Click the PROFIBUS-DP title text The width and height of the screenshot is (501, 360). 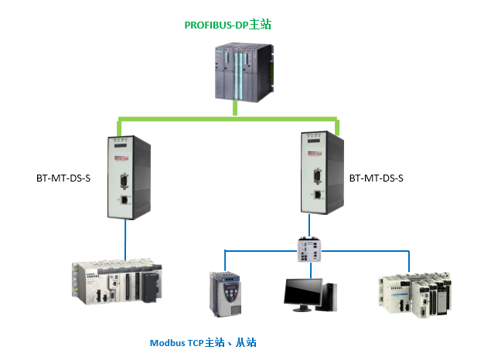227,25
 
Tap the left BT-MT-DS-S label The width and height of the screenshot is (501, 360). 63,179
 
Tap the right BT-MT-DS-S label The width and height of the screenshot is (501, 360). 377,178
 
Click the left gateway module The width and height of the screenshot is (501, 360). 127,176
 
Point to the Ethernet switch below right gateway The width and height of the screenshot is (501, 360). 311,249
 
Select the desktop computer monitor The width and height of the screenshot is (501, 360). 302,293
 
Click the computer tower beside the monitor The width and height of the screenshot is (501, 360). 330,296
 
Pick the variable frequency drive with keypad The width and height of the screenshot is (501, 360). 226,295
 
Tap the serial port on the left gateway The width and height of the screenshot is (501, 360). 124,183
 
